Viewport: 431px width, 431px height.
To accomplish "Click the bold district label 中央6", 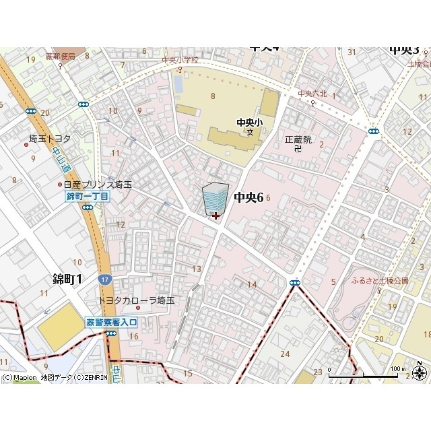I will coord(248,197).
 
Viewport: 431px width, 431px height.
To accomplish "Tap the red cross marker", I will coord(215,215).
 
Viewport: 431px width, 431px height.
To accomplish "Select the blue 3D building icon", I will coord(215,199).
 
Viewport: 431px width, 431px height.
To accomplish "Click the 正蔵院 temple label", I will coord(298,139).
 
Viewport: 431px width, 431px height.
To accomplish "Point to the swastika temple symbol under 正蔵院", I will coord(298,150).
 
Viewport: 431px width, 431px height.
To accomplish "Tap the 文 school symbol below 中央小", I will coord(249,132).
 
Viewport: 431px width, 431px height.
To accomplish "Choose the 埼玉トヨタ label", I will coord(49,139).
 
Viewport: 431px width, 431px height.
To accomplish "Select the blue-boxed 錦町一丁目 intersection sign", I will coord(87,197).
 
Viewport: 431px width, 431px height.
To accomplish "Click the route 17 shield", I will coord(104,279).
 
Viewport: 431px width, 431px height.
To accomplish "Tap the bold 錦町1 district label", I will coord(67,279).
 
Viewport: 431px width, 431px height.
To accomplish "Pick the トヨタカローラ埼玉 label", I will coord(136,300).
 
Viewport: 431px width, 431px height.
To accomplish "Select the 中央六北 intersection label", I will coord(312,94).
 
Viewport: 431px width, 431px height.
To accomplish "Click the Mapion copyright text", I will coord(54,378).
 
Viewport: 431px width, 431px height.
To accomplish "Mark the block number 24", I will coord(285,354).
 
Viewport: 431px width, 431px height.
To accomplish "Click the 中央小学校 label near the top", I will coord(180,60).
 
